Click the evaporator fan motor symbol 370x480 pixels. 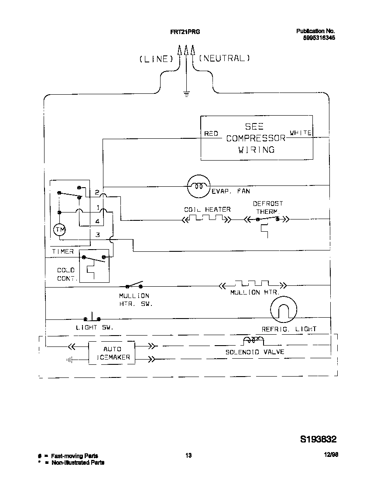pyautogui.click(x=199, y=186)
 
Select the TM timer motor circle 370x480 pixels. pyautogui.click(x=59, y=230)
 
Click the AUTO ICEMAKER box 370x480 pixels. pyautogui.click(x=112, y=353)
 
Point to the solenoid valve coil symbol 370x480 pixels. pyautogui.click(x=253, y=340)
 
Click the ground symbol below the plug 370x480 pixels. pyautogui.click(x=186, y=92)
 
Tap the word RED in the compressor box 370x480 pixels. pyautogui.click(x=211, y=134)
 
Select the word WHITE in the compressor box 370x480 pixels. pyautogui.click(x=301, y=133)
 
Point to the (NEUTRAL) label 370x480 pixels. pyautogui.click(x=224, y=58)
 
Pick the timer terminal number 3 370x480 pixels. pyautogui.click(x=98, y=235)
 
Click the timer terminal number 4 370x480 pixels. pyautogui.click(x=97, y=221)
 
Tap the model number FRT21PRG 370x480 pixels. pyautogui.click(x=185, y=31)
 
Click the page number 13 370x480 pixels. pyautogui.click(x=188, y=456)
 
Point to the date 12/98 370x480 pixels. pyautogui.click(x=331, y=455)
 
